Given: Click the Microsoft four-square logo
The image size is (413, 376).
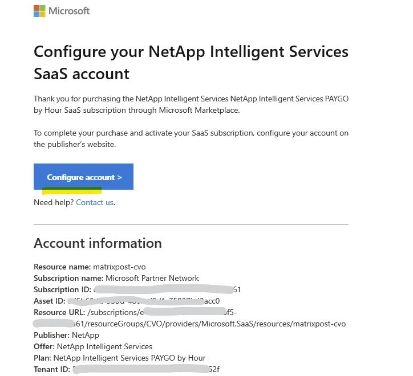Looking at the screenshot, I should pyautogui.click(x=39, y=11).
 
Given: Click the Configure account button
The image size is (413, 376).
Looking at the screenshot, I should pyautogui.click(x=83, y=177).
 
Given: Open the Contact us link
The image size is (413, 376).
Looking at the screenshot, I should pyautogui.click(x=95, y=202).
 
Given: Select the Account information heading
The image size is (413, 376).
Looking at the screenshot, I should pyautogui.click(x=98, y=243).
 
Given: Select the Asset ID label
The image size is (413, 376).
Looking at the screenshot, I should pyautogui.click(x=49, y=301).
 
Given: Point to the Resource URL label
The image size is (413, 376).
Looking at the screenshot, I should pyautogui.click(x=58, y=312).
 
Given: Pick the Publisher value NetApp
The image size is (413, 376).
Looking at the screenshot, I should pyautogui.click(x=86, y=335).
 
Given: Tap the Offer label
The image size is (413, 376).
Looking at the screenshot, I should pyautogui.click(x=44, y=346).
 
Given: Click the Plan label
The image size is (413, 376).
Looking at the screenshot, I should pyautogui.click(x=42, y=358).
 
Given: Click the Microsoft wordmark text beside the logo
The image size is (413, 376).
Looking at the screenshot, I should pyautogui.click(x=69, y=11).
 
